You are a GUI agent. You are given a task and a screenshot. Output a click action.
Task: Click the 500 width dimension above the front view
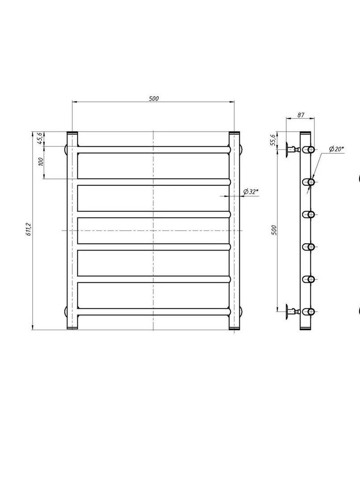[x=154, y=98]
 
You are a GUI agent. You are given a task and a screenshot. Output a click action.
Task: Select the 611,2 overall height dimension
[x=29, y=229]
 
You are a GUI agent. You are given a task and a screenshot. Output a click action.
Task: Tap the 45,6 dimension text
[x=40, y=138]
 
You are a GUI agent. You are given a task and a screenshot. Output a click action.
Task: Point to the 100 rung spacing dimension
[x=41, y=161]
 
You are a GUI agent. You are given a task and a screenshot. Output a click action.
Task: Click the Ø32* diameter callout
[x=251, y=192]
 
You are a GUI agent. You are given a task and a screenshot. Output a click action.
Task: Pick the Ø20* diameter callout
[x=336, y=149]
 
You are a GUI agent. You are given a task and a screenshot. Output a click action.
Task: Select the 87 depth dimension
[x=301, y=115]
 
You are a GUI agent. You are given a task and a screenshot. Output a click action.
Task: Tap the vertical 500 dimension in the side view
[x=274, y=230]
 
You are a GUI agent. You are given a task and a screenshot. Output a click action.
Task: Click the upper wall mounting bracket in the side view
[x=292, y=149]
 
